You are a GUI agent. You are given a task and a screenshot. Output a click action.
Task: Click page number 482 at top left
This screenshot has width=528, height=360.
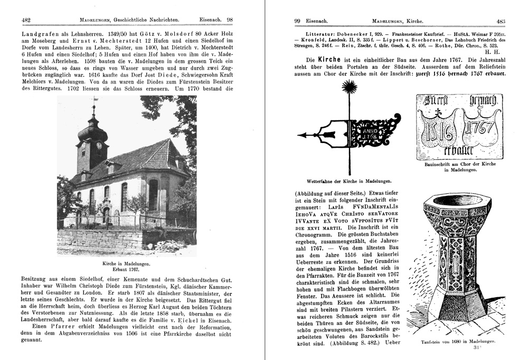[x=26, y=20]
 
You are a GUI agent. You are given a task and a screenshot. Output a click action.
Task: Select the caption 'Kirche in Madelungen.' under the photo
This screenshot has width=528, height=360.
[x=126, y=263]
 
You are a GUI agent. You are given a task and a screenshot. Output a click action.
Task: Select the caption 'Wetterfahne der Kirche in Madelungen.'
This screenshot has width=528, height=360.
[x=350, y=180]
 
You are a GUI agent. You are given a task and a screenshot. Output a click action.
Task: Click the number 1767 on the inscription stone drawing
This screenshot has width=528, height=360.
[x=480, y=128]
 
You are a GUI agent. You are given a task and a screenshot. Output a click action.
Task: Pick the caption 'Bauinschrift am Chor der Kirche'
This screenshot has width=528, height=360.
[x=461, y=164]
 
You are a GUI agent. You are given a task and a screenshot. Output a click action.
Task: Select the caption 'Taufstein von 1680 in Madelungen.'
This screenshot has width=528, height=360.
[x=458, y=342]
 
